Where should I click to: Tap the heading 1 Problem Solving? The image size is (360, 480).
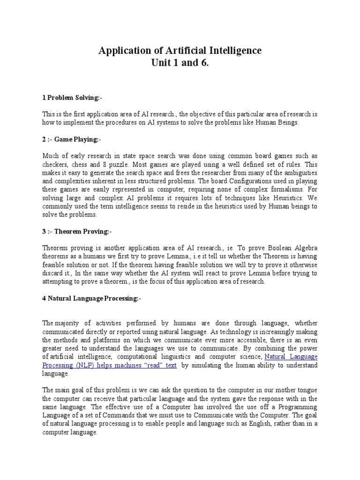[72, 97]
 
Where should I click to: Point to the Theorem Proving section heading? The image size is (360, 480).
[78, 232]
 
